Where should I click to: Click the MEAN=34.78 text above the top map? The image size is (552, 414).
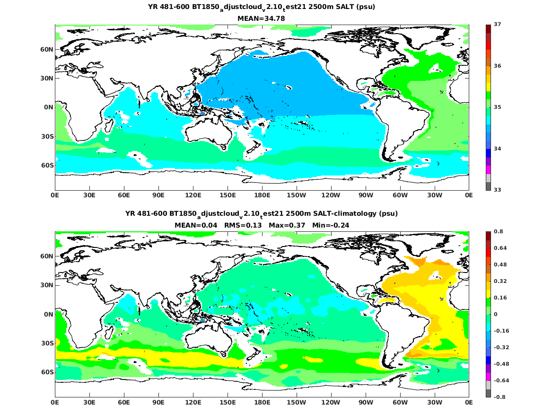point(261,18)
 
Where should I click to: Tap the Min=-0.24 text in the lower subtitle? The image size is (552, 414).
point(331,225)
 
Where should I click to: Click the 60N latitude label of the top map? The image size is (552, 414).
point(46,49)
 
